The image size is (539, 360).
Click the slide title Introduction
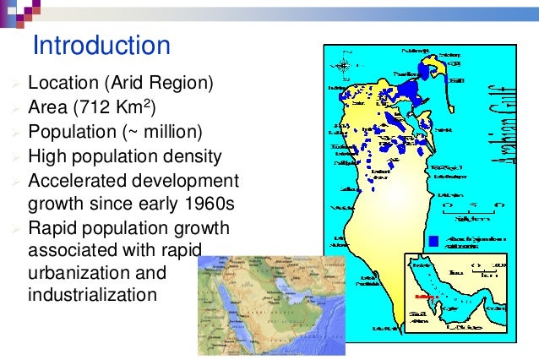(101, 45)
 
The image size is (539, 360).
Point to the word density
(190, 156)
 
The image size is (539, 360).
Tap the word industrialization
(92, 297)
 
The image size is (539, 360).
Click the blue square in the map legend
(433, 241)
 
